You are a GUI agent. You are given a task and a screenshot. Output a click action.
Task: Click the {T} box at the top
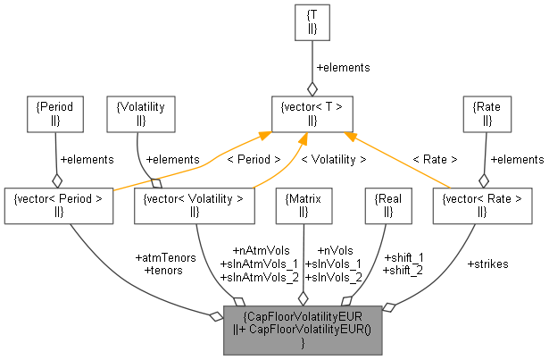pyautogui.click(x=312, y=23)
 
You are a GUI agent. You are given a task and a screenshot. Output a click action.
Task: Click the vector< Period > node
pyautogui.click(x=59, y=205)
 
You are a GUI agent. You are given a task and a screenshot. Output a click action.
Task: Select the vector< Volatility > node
pyautogui.click(x=194, y=205)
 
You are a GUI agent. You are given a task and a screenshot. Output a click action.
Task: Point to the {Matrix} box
pyautogui.click(x=304, y=205)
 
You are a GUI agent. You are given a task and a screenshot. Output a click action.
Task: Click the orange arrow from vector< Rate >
pyautogui.click(x=402, y=161)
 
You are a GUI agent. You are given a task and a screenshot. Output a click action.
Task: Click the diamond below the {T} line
pyautogui.click(x=312, y=88)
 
